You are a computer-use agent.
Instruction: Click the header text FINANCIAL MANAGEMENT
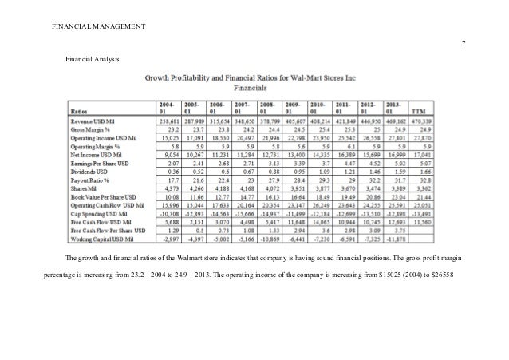[99, 28]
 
